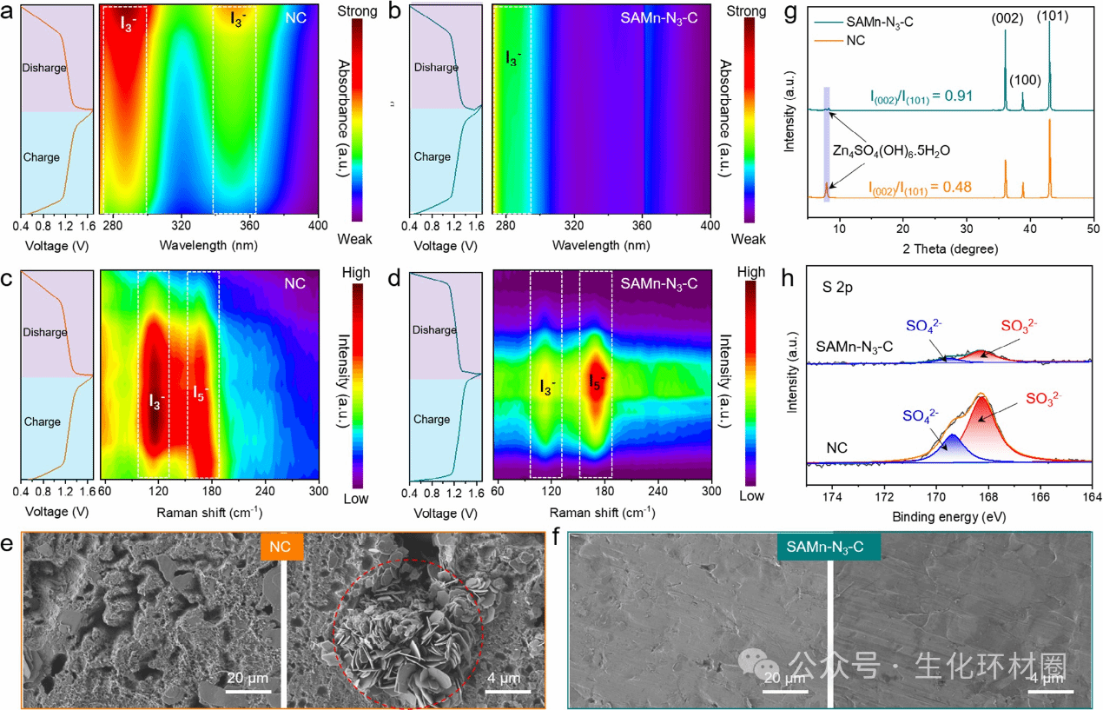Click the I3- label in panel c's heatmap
tap(155, 401)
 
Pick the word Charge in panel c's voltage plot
tap(43, 421)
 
